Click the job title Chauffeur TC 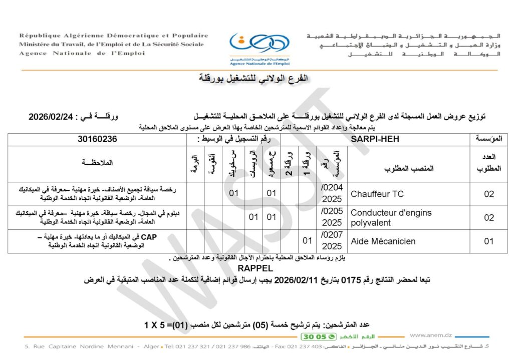pyautogui.click(x=374, y=194)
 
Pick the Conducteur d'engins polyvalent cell pyautogui.click(x=384, y=217)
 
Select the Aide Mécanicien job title pyautogui.click(x=383, y=241)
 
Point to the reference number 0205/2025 pyautogui.click(x=331, y=217)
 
